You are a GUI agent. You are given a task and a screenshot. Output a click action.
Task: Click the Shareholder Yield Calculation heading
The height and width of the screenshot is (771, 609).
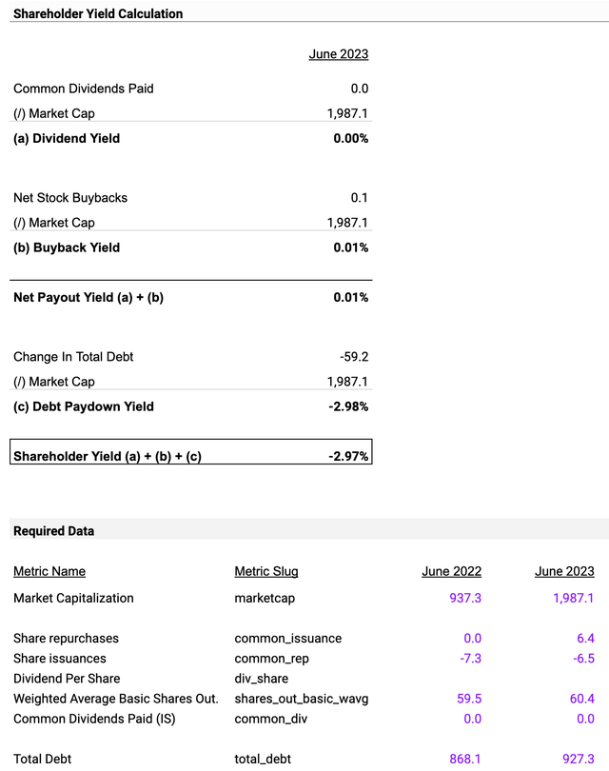tap(98, 14)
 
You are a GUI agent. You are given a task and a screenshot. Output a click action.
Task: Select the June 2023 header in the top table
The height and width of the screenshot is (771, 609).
tap(338, 54)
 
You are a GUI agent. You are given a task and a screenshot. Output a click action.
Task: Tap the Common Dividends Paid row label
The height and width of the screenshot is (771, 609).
tap(84, 89)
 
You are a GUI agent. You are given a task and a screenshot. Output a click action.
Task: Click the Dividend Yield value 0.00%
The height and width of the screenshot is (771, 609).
tap(349, 138)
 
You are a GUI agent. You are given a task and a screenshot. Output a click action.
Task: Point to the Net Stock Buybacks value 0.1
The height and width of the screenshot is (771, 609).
tap(359, 198)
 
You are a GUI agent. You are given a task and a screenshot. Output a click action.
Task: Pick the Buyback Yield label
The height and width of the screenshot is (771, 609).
tap(67, 247)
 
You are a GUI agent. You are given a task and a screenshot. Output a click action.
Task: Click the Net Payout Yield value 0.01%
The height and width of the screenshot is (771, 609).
tap(349, 297)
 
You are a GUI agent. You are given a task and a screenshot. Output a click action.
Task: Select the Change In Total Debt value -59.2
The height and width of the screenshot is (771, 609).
tap(353, 357)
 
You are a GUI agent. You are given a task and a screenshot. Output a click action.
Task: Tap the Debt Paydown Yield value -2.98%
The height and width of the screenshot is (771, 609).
tap(346, 406)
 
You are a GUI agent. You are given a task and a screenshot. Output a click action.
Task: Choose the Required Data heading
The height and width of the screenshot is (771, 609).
tap(53, 531)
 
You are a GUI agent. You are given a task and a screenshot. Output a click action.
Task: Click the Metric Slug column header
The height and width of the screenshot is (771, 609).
tap(266, 572)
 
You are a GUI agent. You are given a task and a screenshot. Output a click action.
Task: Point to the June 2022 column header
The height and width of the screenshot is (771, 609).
tap(451, 572)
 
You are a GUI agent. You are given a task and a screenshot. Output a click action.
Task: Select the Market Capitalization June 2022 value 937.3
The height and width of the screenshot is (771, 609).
tap(465, 598)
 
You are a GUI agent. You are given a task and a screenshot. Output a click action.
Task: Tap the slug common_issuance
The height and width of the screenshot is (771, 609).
tap(288, 638)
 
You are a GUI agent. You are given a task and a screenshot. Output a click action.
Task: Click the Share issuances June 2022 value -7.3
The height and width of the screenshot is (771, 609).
tap(470, 658)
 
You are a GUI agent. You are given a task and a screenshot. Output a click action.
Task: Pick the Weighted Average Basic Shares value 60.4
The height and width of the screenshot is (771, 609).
tap(580, 698)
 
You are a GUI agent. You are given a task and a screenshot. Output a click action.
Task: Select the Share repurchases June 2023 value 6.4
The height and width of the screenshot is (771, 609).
tap(584, 638)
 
